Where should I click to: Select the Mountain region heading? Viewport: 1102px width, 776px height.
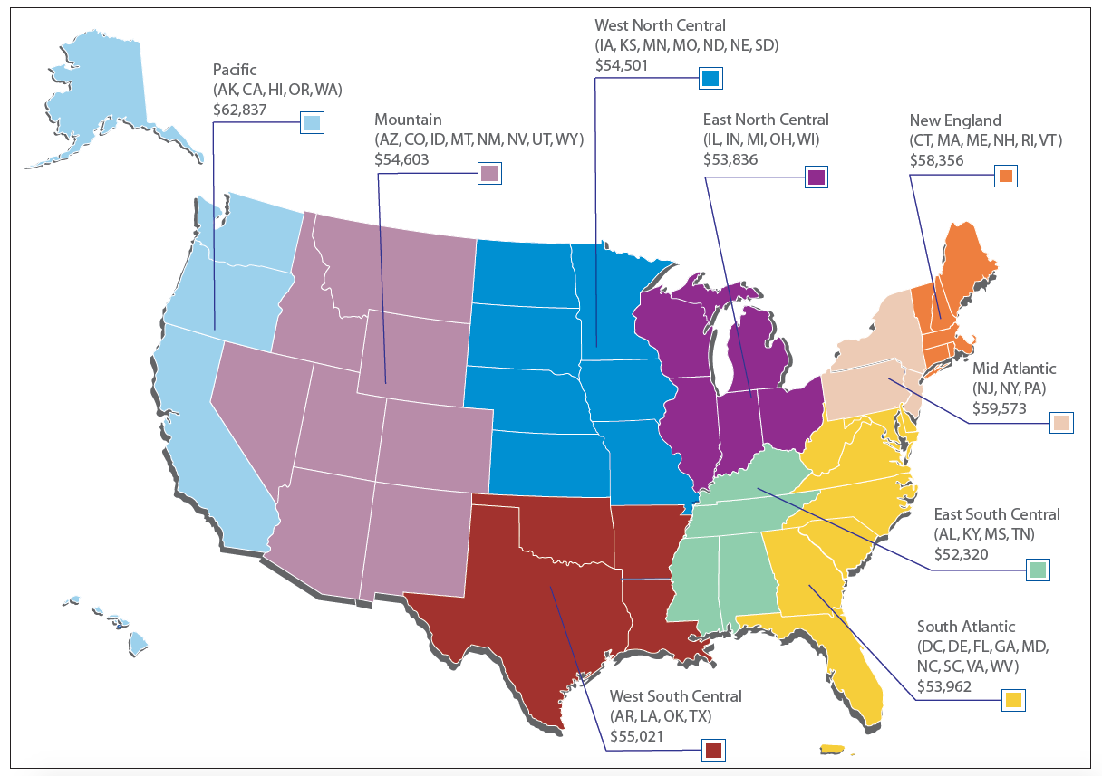point(408,120)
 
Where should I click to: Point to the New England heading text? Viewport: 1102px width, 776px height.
point(955,120)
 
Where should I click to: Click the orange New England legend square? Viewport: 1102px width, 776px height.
point(1005,177)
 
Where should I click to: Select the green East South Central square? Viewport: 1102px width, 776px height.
point(1039,570)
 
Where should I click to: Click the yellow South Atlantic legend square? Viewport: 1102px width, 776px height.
point(1013,699)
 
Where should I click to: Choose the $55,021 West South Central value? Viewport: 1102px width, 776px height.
point(637,735)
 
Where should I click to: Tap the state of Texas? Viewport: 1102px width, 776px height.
point(526,598)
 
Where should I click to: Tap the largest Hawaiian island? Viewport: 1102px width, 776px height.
point(138,644)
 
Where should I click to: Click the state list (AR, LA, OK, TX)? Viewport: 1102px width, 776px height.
point(661,716)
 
